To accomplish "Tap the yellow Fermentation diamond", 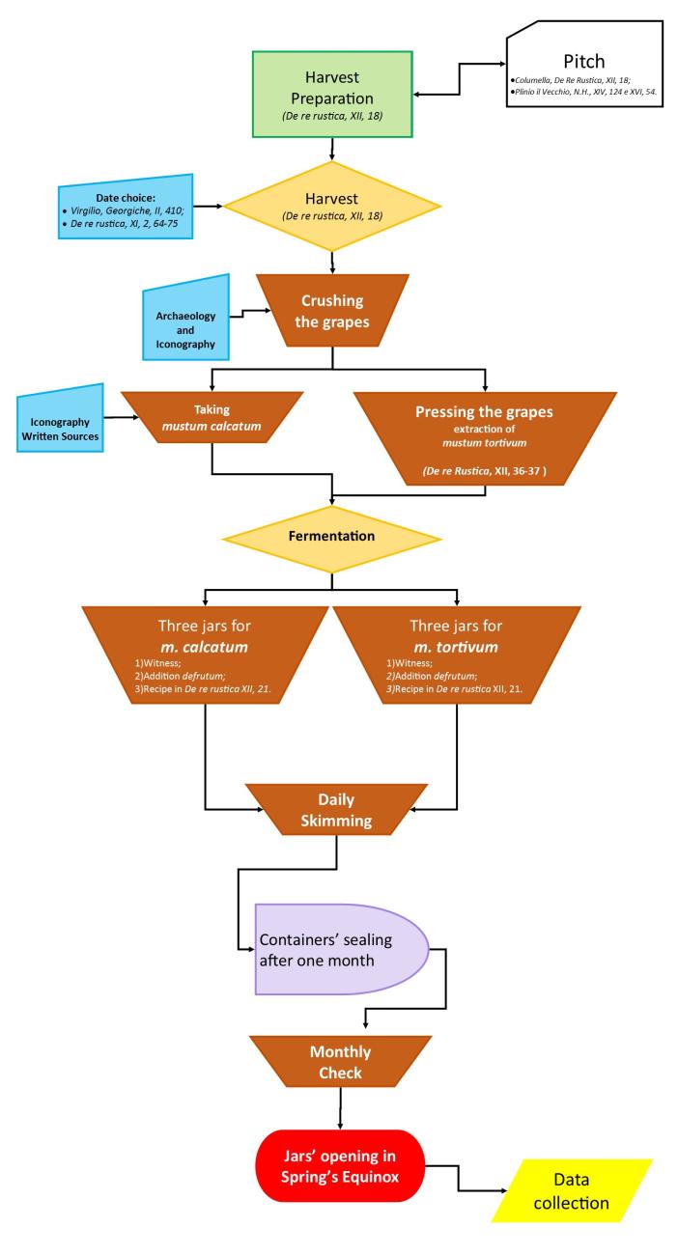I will click(331, 535).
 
